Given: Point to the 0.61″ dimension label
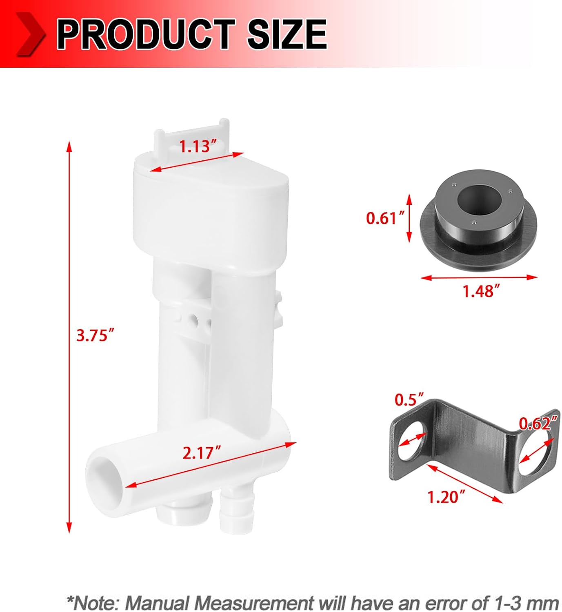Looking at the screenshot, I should (x=381, y=218).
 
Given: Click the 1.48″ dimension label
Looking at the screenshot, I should (x=481, y=291).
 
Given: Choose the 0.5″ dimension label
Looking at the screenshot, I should (x=409, y=400).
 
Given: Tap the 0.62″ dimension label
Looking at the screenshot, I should (x=538, y=424).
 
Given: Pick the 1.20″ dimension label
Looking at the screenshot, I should (x=446, y=497).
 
